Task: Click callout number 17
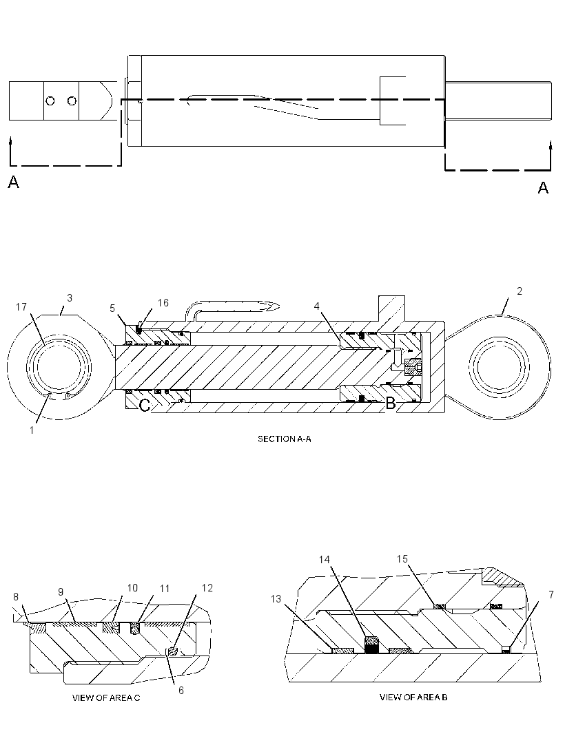[x=21, y=307]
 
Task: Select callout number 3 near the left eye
[x=70, y=297]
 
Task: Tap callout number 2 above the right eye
[x=519, y=291]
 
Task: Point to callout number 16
[x=163, y=303]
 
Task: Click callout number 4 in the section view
[x=317, y=306]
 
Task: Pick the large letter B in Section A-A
[x=390, y=403]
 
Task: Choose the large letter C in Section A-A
[x=145, y=405]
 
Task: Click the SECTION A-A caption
[x=285, y=439]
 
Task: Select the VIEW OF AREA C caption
[x=106, y=698]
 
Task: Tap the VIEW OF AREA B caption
[x=413, y=698]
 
